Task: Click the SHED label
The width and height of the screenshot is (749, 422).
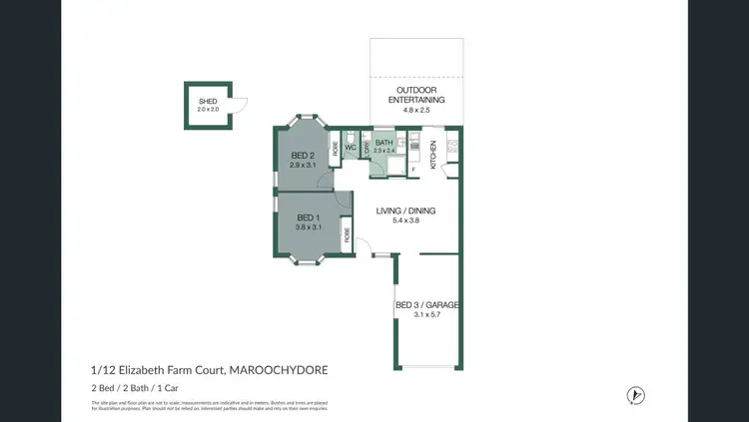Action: pyautogui.click(x=208, y=101)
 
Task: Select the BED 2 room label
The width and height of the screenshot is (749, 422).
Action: pyautogui.click(x=304, y=156)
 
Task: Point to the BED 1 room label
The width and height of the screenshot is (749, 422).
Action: pyautogui.click(x=309, y=217)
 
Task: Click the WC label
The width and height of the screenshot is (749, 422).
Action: pyautogui.click(x=351, y=148)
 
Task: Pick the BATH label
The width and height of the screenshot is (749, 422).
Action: pyautogui.click(x=384, y=144)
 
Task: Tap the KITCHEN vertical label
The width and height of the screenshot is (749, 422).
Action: pyautogui.click(x=433, y=154)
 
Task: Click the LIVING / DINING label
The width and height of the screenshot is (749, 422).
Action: pyautogui.click(x=405, y=211)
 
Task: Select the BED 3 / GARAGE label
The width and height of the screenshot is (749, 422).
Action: pyautogui.click(x=426, y=304)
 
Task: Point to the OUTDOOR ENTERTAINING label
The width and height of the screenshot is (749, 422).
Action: pyautogui.click(x=415, y=95)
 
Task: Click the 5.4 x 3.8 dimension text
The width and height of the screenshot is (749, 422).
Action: pyautogui.click(x=405, y=221)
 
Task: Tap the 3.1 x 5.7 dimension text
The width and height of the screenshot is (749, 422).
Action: pyautogui.click(x=426, y=315)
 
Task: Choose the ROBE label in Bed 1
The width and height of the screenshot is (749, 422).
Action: pyautogui.click(x=348, y=235)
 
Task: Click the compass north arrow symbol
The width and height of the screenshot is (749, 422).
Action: pyautogui.click(x=632, y=395)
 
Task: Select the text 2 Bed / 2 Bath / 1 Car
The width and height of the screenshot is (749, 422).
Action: pyautogui.click(x=135, y=387)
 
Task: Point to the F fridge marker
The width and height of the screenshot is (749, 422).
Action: pyautogui.click(x=413, y=171)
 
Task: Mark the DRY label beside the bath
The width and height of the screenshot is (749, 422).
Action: pyautogui.click(x=367, y=147)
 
